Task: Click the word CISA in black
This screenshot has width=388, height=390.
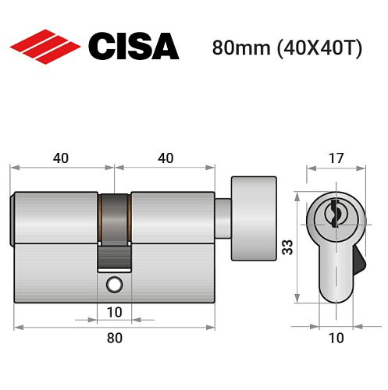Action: (x=133, y=46)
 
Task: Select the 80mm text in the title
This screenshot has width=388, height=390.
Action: (x=237, y=48)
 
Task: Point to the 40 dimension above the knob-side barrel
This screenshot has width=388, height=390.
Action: (x=165, y=158)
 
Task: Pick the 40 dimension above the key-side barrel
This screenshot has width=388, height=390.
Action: (x=62, y=158)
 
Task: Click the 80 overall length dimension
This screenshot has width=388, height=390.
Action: (x=114, y=338)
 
